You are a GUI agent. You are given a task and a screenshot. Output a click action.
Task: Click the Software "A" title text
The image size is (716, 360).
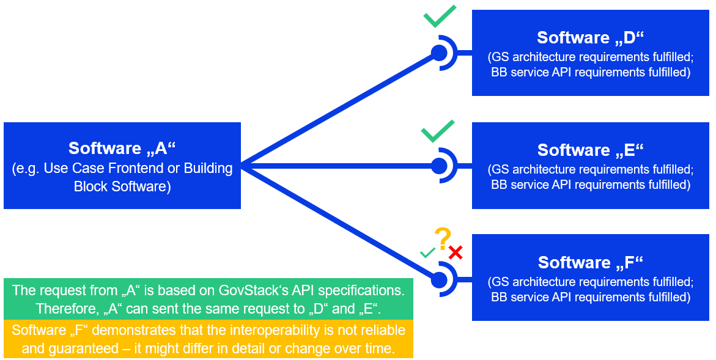pos(122,149)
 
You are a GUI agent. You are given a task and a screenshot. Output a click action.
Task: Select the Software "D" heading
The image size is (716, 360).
pos(591,38)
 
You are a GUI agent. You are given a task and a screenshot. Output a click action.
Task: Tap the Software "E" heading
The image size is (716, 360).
pos(591,150)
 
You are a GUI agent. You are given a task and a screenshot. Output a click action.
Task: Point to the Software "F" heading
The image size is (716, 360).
pos(591,263)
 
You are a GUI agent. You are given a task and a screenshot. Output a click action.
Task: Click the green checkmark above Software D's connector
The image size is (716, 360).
pos(440,17)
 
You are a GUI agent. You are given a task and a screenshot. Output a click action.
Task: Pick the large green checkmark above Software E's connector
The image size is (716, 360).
pos(438,131)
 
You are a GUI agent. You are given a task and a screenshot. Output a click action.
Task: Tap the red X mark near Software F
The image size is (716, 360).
pos(455,252)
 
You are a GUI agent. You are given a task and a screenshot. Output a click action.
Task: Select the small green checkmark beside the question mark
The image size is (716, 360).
pos(427,252)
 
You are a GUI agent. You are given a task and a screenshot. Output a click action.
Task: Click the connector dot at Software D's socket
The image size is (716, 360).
pos(439,53)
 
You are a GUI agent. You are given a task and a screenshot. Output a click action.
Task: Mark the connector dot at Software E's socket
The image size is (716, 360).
pos(439,166)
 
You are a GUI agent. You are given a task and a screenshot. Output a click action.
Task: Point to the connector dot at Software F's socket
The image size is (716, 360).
pos(439,280)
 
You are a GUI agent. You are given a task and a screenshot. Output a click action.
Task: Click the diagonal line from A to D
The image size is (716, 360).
pos(339,109)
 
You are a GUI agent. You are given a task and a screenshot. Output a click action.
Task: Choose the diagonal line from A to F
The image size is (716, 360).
pos(339,221)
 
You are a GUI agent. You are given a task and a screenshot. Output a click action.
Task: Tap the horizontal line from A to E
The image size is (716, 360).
pos(339,166)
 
